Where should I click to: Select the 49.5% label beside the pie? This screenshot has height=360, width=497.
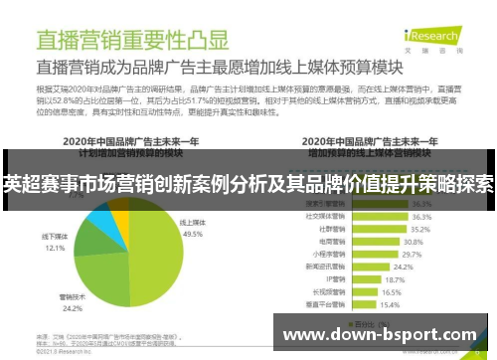pyautogui.click(x=192, y=235)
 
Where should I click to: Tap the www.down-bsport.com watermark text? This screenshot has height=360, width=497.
pyautogui.click(x=381, y=335)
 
